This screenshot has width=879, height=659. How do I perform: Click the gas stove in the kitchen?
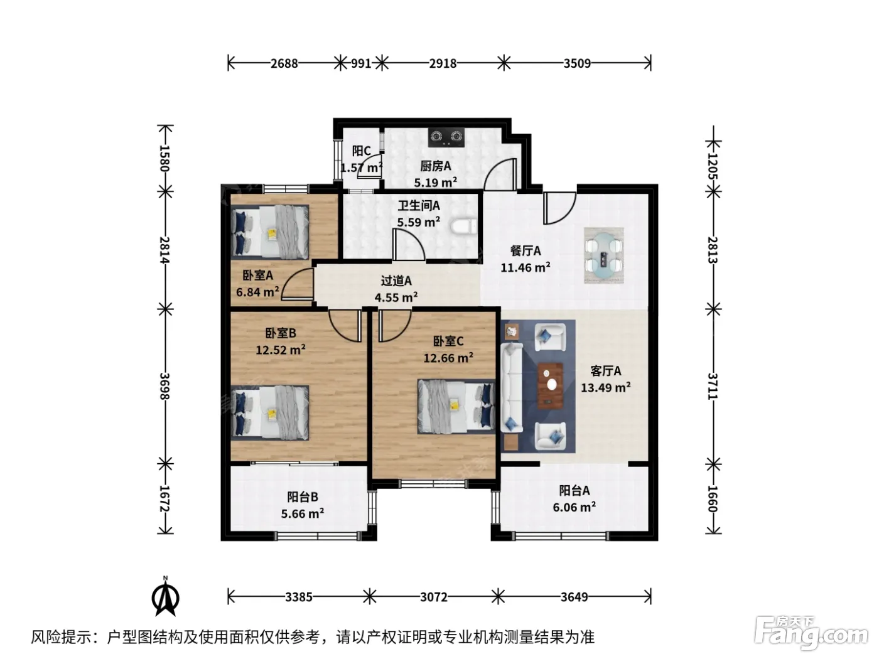[x=446, y=137]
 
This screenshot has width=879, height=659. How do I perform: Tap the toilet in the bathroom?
[x=463, y=227]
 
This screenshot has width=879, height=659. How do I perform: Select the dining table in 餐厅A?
[x=603, y=255]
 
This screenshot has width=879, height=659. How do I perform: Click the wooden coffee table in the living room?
[x=550, y=386]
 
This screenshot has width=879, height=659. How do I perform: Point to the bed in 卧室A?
[x=270, y=232]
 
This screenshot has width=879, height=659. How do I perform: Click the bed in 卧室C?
[x=456, y=406]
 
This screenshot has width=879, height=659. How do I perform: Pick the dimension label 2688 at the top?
[x=284, y=63]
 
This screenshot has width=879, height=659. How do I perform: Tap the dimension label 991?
[x=361, y=63]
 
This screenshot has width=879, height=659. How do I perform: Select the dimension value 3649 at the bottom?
[x=574, y=597]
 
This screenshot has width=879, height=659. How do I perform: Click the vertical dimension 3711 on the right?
[x=713, y=386]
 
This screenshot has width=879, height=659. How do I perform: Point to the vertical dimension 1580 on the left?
[x=165, y=158]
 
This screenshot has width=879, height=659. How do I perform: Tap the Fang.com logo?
[x=811, y=633]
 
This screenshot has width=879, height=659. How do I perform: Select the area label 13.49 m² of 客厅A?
[x=606, y=387]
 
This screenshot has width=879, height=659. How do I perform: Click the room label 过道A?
[x=396, y=281]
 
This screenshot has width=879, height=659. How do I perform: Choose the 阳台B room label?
[x=303, y=496]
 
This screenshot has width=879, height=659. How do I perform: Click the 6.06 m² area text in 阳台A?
[x=574, y=507]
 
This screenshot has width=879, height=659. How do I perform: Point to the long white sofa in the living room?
[x=512, y=387]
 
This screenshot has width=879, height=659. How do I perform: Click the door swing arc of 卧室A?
[x=297, y=284]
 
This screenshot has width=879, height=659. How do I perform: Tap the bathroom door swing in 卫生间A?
[x=409, y=245]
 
